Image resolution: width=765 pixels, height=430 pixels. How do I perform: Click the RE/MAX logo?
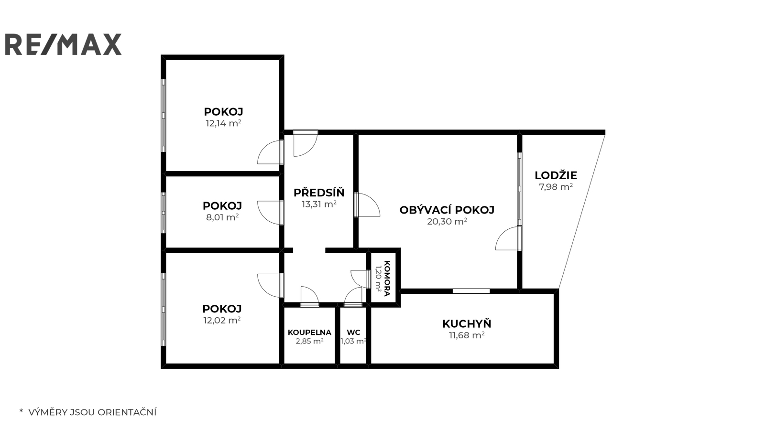[x=63, y=44]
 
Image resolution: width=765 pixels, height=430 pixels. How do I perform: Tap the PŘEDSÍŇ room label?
[x=319, y=193]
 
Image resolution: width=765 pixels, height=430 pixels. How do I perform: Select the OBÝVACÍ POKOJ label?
[x=447, y=210]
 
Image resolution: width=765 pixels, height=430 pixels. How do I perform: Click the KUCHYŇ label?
[x=467, y=323]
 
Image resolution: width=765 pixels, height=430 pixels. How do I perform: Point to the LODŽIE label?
[x=556, y=175]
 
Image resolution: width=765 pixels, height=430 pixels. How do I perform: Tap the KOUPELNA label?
[x=309, y=333]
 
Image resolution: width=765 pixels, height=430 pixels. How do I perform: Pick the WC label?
[x=353, y=333]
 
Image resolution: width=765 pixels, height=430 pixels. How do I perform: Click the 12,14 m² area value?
[x=223, y=123]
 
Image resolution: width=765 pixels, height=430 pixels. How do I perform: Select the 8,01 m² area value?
[x=222, y=217]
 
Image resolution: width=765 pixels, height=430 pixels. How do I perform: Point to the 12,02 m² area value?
[x=222, y=320]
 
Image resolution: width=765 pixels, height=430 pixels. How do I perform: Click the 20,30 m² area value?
[x=447, y=221]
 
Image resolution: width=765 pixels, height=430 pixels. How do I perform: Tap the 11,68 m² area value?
[x=467, y=335]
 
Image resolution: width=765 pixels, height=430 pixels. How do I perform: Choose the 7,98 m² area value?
[x=556, y=187]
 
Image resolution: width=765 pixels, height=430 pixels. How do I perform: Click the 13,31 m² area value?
[x=319, y=204]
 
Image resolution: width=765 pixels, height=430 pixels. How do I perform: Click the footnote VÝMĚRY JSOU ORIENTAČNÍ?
[x=92, y=412]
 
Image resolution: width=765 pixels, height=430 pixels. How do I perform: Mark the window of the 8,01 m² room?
[x=164, y=213]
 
